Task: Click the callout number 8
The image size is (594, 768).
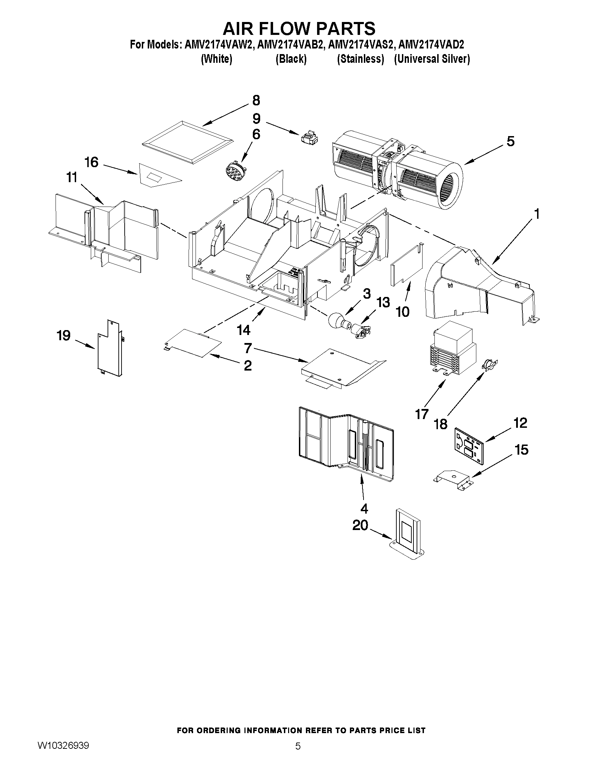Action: pos(256,100)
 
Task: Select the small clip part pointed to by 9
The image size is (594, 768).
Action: pos(309,138)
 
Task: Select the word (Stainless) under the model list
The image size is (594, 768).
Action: pos(360,59)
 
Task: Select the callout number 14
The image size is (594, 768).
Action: pos(243,330)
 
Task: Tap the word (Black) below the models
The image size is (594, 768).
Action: pos(291,59)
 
